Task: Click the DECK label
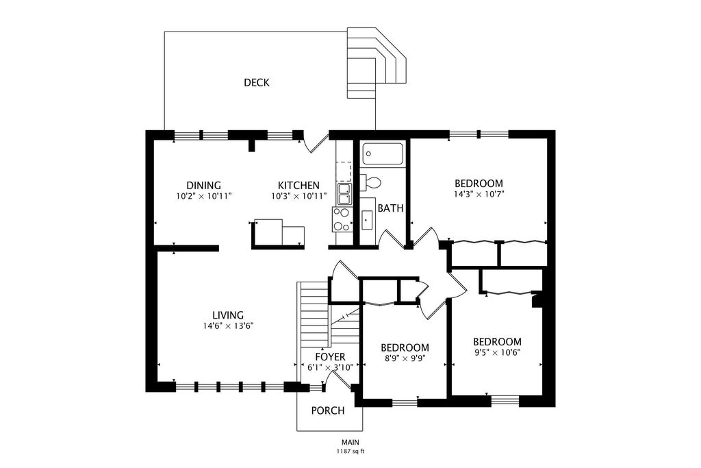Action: point(257,83)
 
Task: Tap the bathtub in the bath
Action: point(383,154)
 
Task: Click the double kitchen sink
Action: point(344,194)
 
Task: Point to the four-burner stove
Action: point(342,220)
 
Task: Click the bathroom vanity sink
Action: point(366,220)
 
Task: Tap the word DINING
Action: point(204,185)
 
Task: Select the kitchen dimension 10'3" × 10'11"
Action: point(298,196)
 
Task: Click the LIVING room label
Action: point(228,315)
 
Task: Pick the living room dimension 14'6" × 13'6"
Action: point(228,326)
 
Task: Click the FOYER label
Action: point(331,357)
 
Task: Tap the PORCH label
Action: point(328,410)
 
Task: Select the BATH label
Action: point(391,208)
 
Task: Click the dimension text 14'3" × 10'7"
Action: point(479,194)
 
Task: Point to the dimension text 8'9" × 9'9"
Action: point(405,358)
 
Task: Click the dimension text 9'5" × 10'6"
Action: point(497,353)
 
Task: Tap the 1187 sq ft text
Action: point(350,452)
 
